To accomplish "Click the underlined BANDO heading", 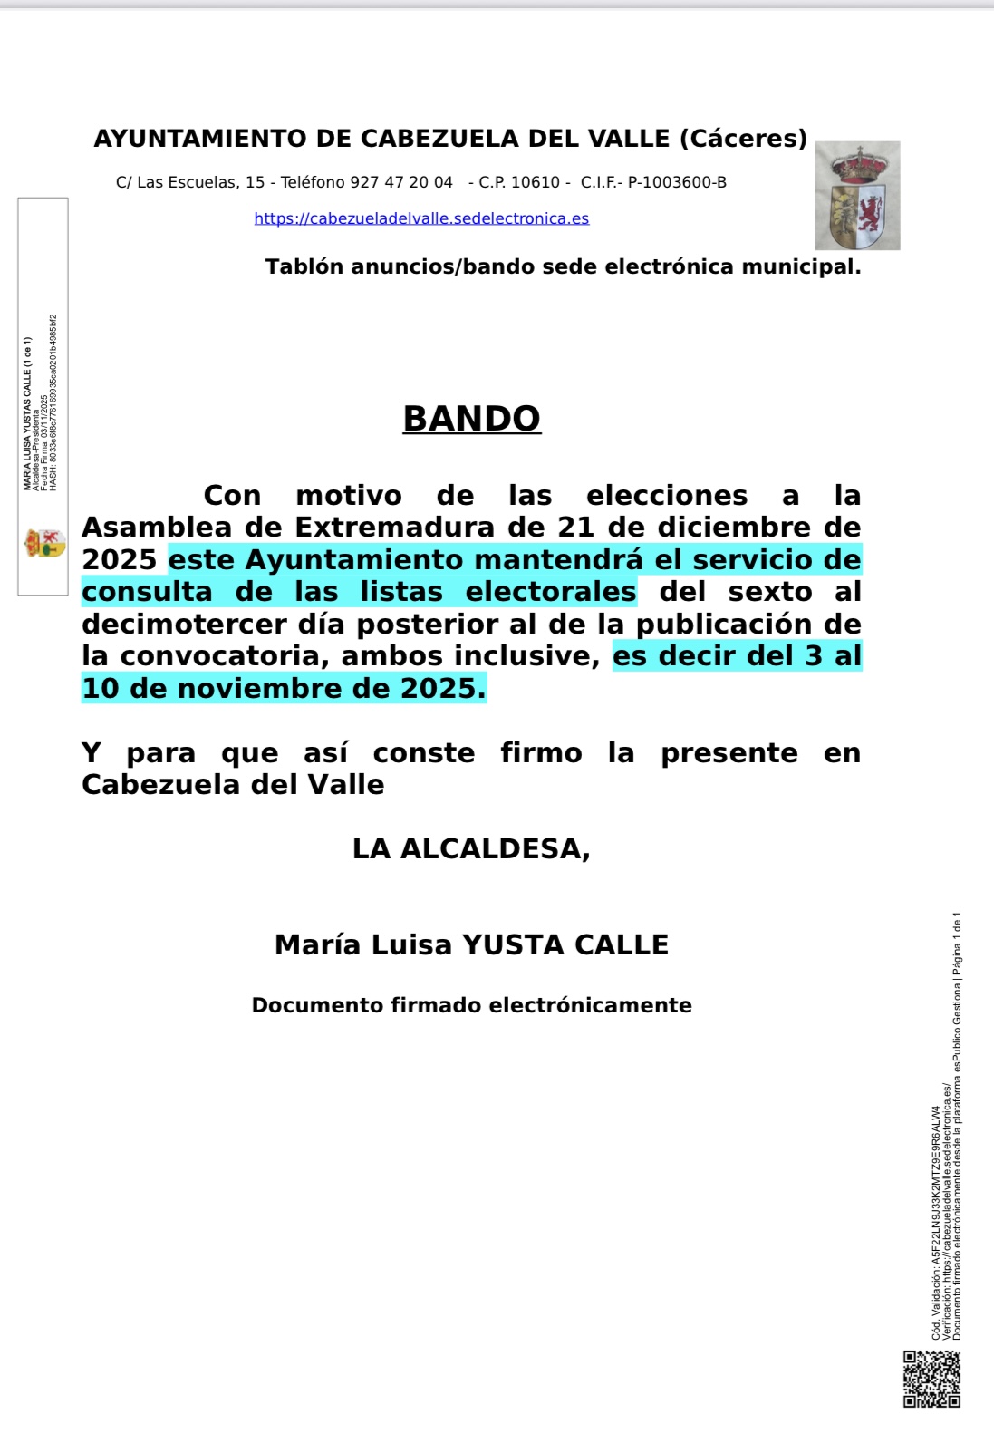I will coord(471,419).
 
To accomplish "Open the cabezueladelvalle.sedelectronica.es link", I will coord(421,218).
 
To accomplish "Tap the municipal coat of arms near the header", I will coord(857,196).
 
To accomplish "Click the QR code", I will coord(931,1379).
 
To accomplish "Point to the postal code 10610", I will coord(536,182).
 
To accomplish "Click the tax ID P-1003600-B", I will coord(677,182).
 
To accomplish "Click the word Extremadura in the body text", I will coord(407,528).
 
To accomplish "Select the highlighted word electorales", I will coord(551,592).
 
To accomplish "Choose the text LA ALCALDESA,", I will coord(471,849).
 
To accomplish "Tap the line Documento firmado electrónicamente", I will coord(471,1005).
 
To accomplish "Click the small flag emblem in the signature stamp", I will coord(43,543).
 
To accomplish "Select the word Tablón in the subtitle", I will coord(304,267).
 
